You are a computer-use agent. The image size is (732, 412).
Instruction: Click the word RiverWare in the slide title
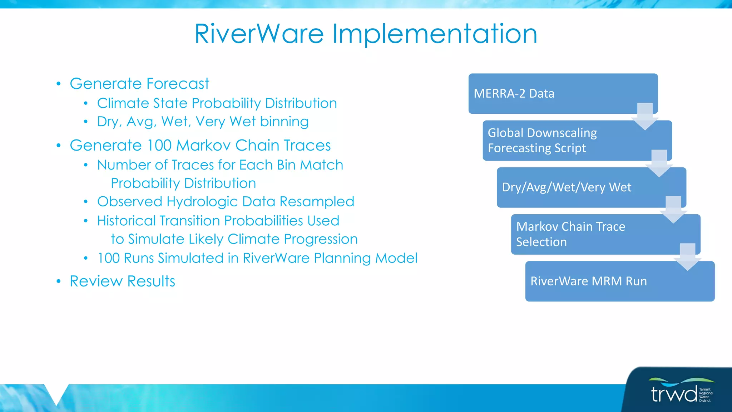259,34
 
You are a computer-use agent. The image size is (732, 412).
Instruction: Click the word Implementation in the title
435,34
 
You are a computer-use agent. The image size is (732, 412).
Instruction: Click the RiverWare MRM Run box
608,281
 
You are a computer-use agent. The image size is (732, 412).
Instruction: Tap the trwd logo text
674,394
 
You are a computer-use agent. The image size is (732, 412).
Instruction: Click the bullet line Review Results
122,281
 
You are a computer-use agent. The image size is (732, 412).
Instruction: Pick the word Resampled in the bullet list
317,201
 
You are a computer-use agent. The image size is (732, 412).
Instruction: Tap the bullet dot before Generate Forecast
59,84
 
